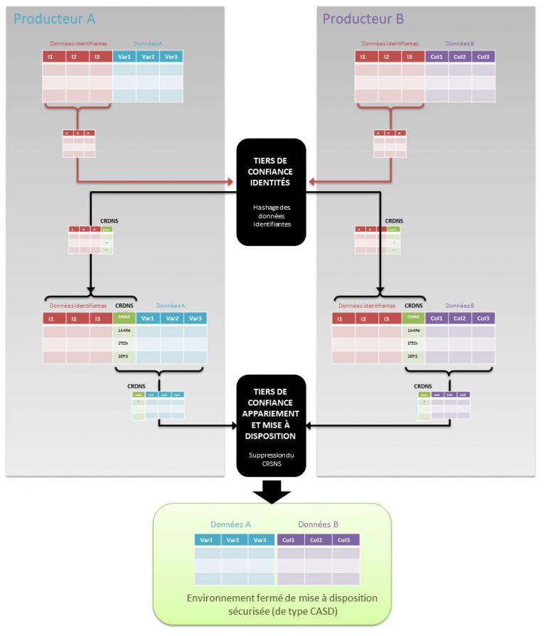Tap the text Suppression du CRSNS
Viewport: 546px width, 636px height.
272,459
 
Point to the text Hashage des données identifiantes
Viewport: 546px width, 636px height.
272,215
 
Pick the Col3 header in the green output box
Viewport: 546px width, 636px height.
345,540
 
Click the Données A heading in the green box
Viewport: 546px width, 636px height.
230,524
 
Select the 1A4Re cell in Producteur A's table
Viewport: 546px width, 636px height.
124,330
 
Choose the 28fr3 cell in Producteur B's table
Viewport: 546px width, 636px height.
413,357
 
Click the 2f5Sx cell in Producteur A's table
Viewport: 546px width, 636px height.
124,344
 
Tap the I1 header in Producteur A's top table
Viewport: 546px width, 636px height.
54,57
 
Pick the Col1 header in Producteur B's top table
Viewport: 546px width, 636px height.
437,57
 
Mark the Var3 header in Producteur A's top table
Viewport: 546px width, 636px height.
171,57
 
